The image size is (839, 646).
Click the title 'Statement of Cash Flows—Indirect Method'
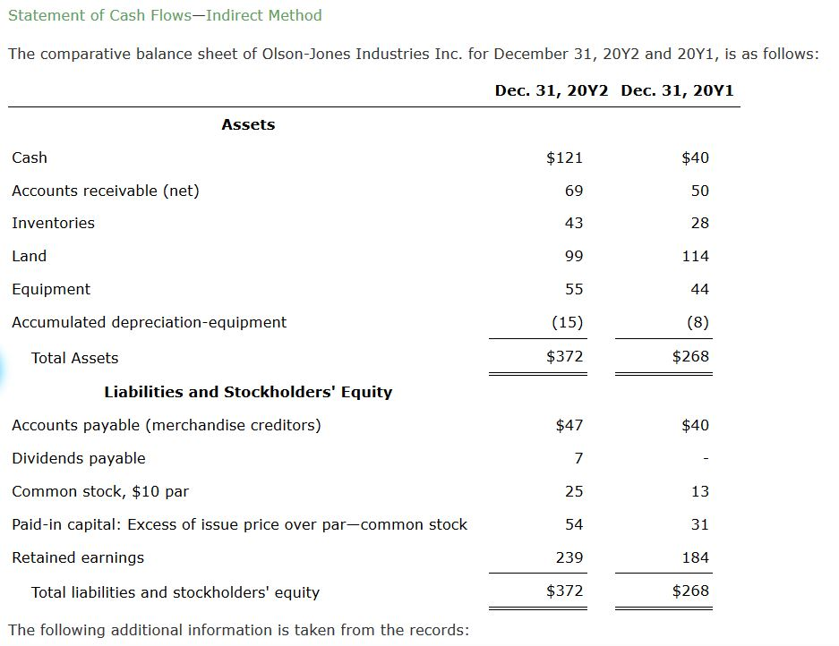[x=165, y=15]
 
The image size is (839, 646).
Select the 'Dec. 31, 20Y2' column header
[x=552, y=90]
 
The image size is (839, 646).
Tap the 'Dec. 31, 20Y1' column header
[x=677, y=90]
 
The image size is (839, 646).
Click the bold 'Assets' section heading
[x=248, y=124]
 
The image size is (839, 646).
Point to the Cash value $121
[x=564, y=157]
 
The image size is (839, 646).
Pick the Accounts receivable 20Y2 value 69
[x=574, y=191]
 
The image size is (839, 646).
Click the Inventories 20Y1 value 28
[x=700, y=223]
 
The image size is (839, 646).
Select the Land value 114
[x=696, y=256]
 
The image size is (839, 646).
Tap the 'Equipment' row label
[x=51, y=289]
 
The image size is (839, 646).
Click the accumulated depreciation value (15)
[x=567, y=322]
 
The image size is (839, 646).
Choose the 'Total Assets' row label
[x=74, y=358]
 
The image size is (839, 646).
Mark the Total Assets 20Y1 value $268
[x=690, y=356]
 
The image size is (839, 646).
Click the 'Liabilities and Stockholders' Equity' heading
[x=248, y=392]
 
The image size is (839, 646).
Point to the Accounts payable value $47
[x=569, y=425]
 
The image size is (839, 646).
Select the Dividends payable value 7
[x=578, y=458]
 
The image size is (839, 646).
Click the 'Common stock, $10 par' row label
[x=100, y=491]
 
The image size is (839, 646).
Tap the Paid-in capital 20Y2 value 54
[x=574, y=524]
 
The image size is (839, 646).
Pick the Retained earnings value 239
[x=569, y=557]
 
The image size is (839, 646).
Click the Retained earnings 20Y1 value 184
[x=696, y=557]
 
